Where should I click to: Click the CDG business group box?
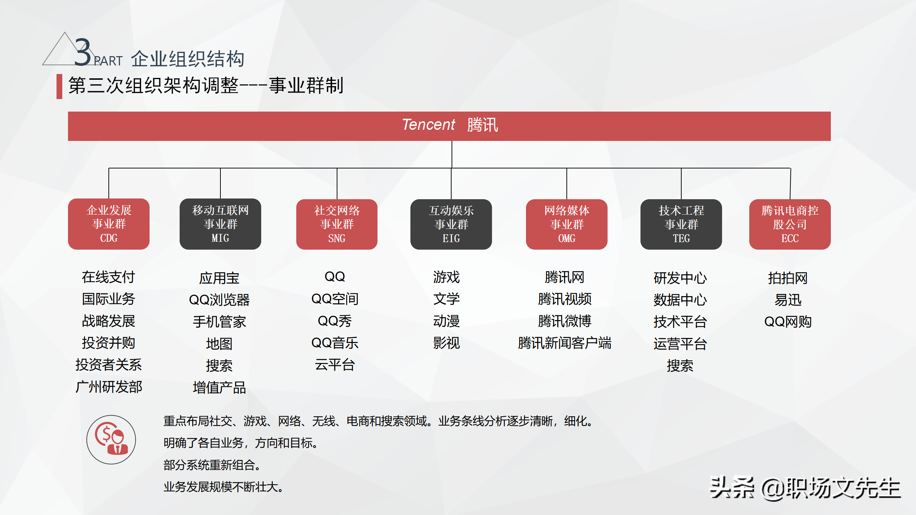[109, 224]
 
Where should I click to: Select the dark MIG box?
[220, 224]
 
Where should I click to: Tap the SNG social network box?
[337, 224]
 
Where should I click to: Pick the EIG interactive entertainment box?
[451, 224]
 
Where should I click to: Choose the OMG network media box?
[567, 224]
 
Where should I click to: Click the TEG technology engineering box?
[681, 224]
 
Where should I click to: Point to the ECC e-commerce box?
[790, 224]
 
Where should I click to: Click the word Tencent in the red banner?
[428, 125]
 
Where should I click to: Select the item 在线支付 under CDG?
[108, 277]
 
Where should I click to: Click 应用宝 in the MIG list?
[219, 278]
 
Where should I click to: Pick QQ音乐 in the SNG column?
[335, 343]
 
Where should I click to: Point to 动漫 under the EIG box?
[447, 321]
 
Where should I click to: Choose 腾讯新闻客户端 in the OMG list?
[565, 343]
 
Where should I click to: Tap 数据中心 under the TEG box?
[680, 300]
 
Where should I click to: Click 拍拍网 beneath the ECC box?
[788, 278]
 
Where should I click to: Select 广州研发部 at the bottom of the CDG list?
[109, 387]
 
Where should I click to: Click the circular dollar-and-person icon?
[111, 440]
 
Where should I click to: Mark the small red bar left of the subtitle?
[59, 86]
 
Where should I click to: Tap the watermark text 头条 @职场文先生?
[805, 488]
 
